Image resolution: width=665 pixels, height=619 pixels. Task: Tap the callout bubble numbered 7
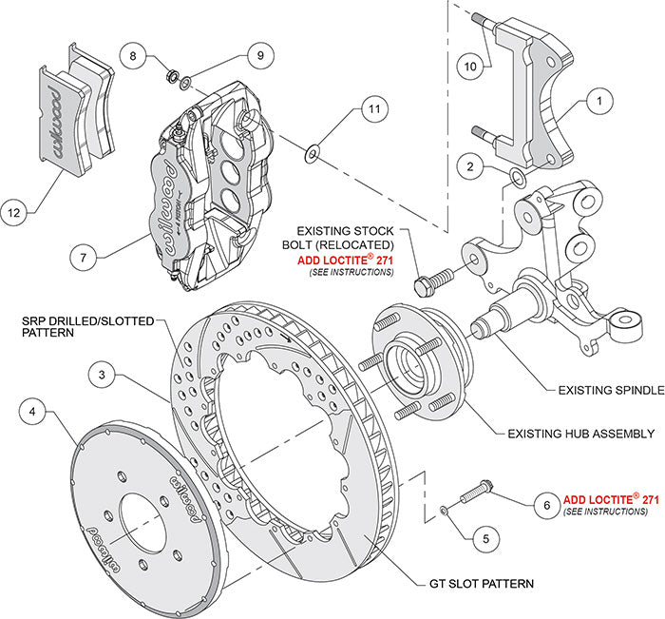click(84, 256)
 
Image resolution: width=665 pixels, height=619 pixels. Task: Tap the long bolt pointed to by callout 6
click(474, 495)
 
